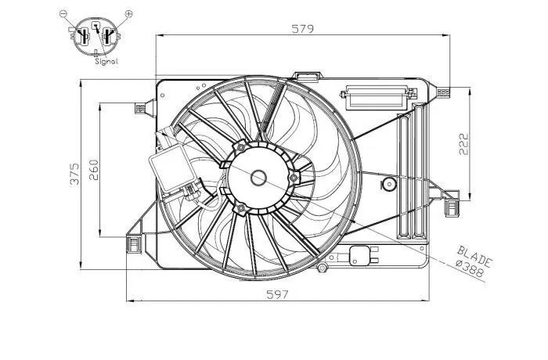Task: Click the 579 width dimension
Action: pos(303,29)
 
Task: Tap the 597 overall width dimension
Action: pos(277,294)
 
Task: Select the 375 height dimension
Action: pos(75,174)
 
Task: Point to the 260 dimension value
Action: pos(94,170)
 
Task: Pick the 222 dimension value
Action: pos(463,144)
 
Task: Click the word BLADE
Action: pos(474,256)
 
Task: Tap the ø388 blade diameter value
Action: pos(470,268)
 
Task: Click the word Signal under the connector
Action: pos(106,62)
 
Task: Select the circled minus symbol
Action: pos(63,13)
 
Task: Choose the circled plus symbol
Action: pos(128,13)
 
